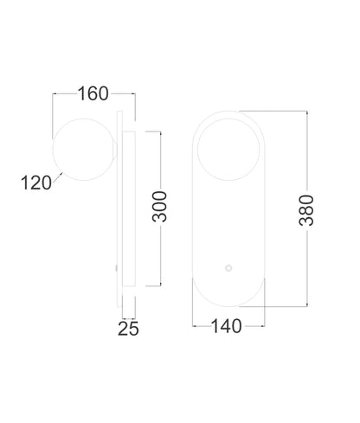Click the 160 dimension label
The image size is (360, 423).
pos(93,93)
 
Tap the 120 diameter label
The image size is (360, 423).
pos(36,183)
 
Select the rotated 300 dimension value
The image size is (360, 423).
pos(159,207)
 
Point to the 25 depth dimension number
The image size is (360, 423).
pos(128,329)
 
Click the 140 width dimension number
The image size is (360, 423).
pos(227,326)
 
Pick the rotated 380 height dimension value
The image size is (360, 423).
pos(306,210)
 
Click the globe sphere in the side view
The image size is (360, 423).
pos(84,150)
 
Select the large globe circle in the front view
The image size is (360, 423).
pos(228,150)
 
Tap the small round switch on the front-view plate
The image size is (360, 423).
pos(228,268)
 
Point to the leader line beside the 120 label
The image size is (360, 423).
pos(58,176)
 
